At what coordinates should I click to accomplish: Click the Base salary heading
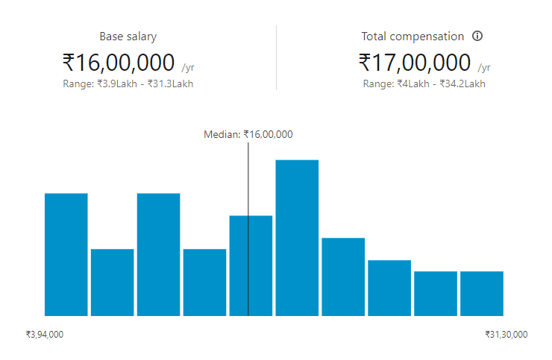[128, 37]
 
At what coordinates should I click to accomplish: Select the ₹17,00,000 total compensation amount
[415, 61]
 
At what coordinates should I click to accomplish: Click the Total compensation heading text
[413, 37]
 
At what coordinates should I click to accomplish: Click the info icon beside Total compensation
[478, 36]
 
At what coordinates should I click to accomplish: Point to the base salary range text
[128, 83]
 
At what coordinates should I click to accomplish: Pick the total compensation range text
[424, 83]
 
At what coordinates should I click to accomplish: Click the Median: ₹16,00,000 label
[248, 134]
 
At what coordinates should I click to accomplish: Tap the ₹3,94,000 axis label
[45, 335]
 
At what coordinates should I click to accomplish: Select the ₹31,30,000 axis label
[506, 335]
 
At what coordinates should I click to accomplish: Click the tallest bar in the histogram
[297, 238]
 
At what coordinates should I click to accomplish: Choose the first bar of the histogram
[66, 254]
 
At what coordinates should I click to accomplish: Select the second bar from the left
[113, 282]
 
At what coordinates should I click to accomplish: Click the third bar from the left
[159, 254]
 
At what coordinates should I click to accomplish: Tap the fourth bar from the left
[204, 282]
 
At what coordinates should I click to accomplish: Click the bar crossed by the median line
[251, 265]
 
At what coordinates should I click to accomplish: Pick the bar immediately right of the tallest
[343, 277]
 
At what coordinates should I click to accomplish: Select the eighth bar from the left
[389, 288]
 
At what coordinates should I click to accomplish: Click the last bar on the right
[482, 294]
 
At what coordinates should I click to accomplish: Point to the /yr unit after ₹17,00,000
[485, 67]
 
